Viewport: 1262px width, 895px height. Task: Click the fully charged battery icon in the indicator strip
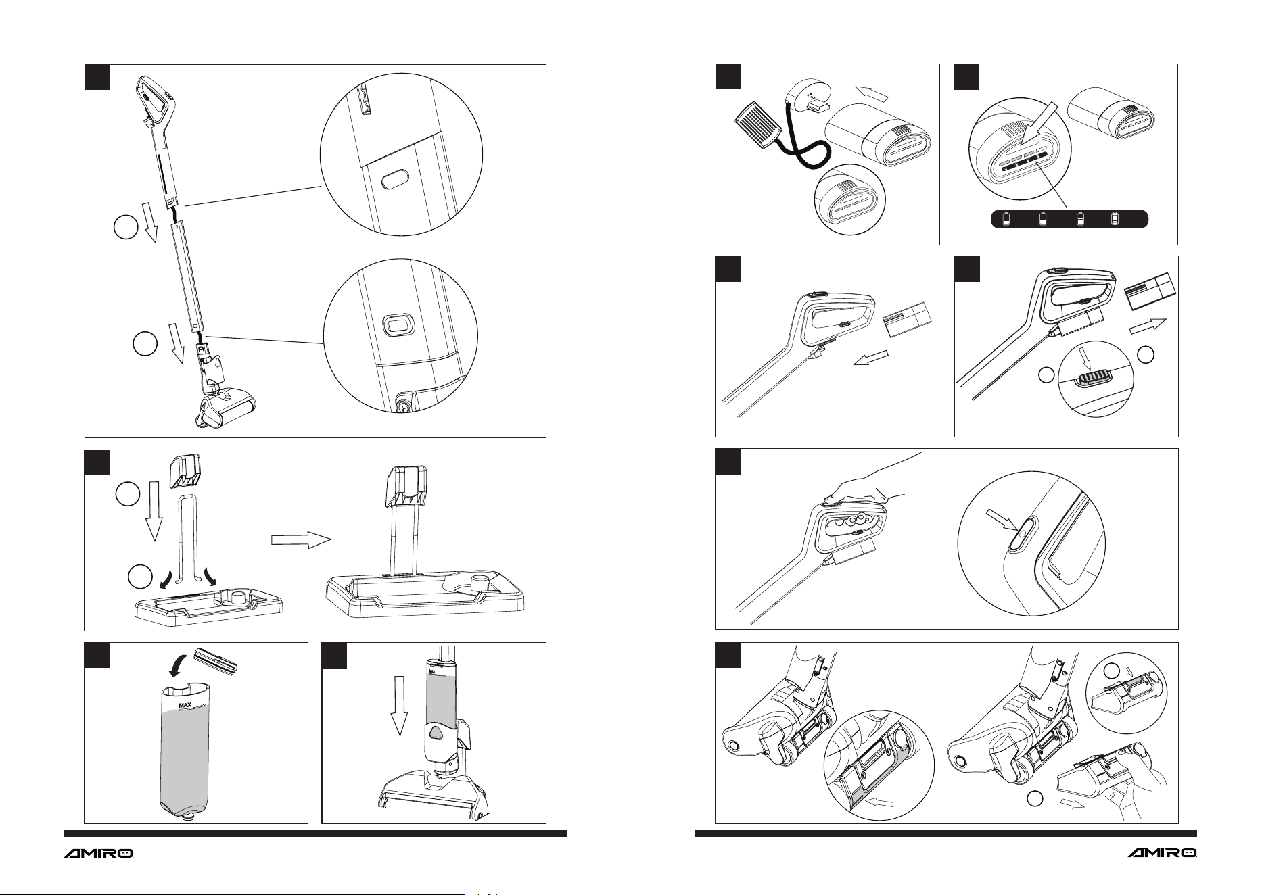1115,219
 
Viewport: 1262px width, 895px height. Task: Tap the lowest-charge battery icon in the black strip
1006,219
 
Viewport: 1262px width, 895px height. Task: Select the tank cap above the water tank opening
216,660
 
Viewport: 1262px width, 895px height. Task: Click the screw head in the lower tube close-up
404,407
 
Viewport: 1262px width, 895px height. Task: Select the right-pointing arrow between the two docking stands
301,539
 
